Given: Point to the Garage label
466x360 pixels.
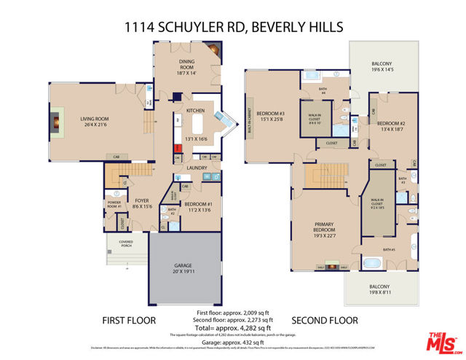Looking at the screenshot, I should coord(183,267).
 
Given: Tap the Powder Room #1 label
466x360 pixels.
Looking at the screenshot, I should coord(114,205).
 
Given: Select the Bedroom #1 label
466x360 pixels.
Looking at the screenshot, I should coord(198,206).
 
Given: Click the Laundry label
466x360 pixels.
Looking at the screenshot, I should coord(197,168).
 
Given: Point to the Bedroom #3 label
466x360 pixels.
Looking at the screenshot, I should coord(272,116).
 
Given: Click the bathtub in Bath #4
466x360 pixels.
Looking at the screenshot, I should coord(311,76).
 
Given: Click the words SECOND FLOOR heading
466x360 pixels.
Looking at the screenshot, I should coord(325,320).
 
